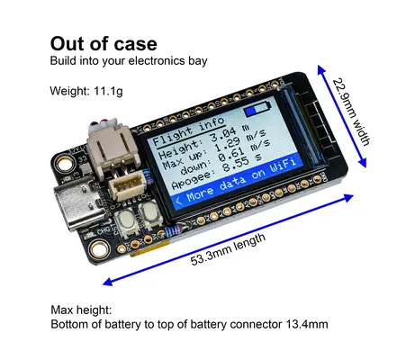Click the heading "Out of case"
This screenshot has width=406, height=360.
click(x=104, y=44)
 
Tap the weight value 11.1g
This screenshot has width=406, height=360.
click(x=108, y=91)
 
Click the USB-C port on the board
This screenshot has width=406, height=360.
click(x=79, y=205)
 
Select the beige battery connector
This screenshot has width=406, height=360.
click(x=114, y=147)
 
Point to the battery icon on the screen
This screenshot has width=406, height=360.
click(x=257, y=109)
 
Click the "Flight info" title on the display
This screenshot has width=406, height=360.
click(x=189, y=132)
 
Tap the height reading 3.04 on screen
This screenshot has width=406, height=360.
click(x=223, y=135)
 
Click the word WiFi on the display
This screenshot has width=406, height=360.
click(x=284, y=165)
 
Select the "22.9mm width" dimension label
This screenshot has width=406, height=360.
click(x=351, y=112)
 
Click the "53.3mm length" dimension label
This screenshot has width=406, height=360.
click(x=228, y=249)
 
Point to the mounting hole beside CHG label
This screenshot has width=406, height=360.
click(x=100, y=249)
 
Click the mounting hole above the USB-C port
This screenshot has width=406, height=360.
click(x=64, y=164)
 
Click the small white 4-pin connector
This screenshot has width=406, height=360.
click(x=127, y=188)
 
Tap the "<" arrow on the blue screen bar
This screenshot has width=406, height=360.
click(x=179, y=200)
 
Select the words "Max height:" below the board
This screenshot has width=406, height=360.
click(x=81, y=310)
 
